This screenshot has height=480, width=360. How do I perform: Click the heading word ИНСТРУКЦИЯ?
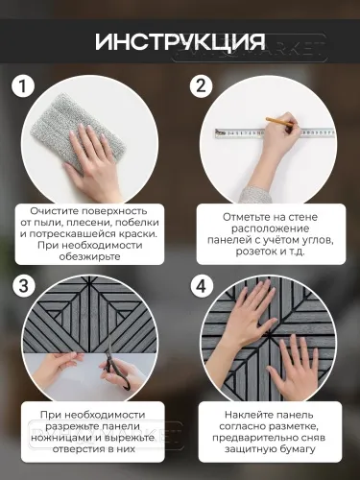click(x=180, y=43)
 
